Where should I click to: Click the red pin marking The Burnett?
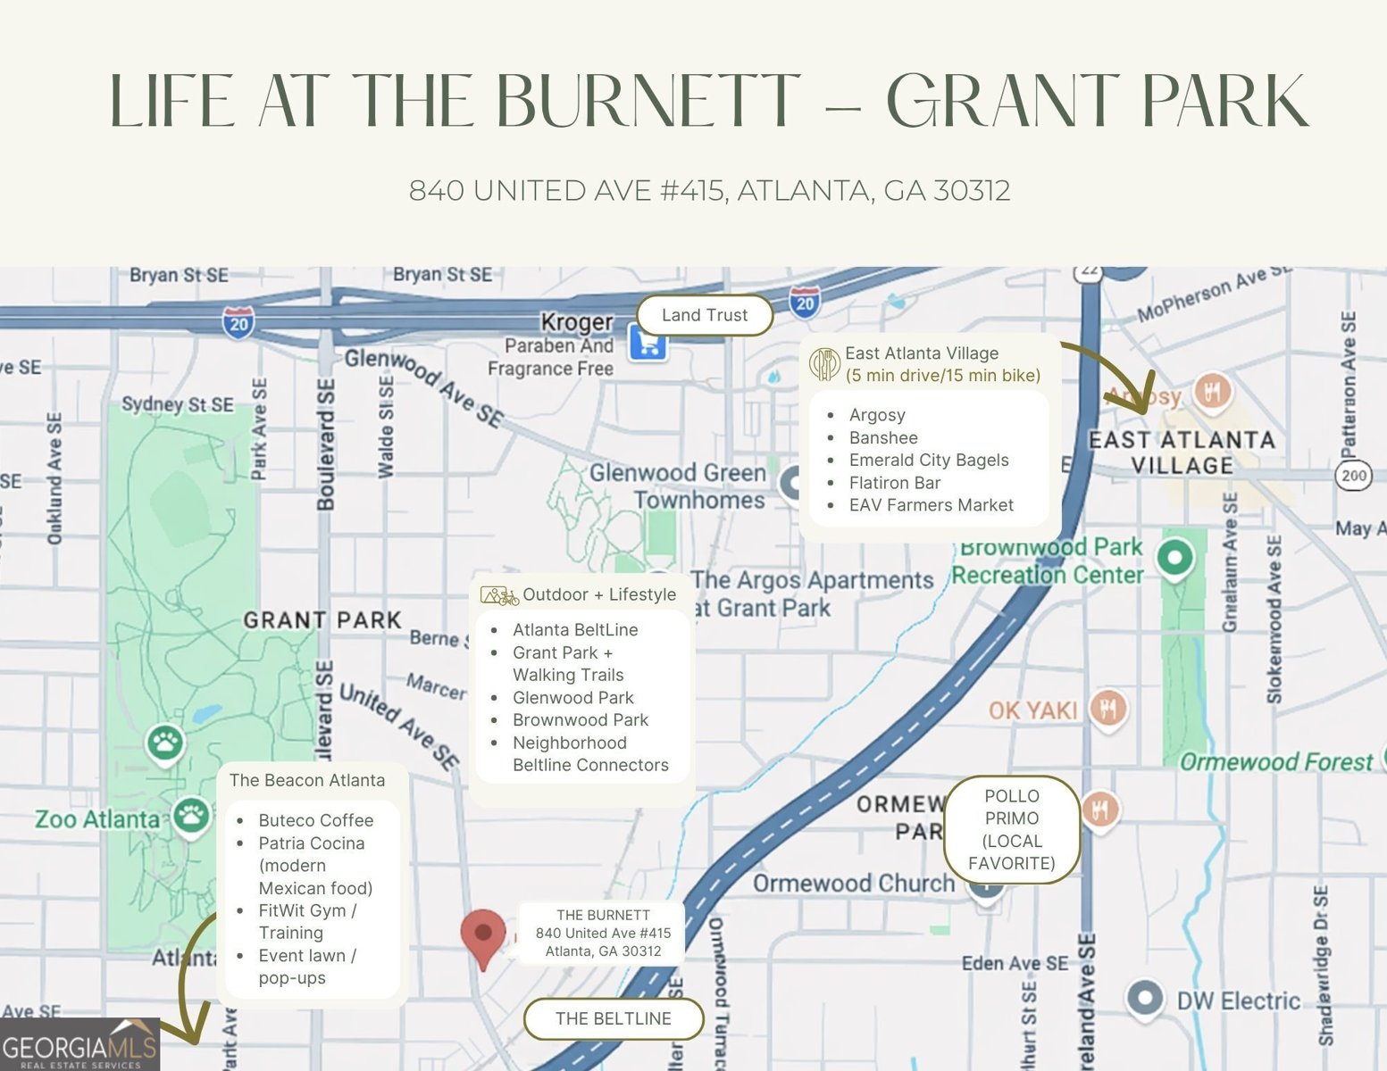[x=483, y=934]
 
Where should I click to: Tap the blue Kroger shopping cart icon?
[x=648, y=343]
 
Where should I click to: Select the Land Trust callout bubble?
[x=705, y=315]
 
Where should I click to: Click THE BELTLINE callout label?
[x=613, y=1018]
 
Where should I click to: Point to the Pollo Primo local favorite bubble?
[x=1011, y=829]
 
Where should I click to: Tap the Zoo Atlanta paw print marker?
[x=191, y=815]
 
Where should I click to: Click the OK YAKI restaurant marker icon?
[x=1108, y=709]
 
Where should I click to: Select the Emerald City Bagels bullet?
[x=928, y=460]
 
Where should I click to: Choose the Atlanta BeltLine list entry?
[x=575, y=629]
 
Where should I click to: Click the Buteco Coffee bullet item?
[x=315, y=820]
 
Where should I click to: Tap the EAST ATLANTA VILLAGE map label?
[x=1181, y=452]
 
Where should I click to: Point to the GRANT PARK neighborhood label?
[x=322, y=619]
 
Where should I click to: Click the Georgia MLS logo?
[x=79, y=1045]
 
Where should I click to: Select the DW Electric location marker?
[x=1144, y=997]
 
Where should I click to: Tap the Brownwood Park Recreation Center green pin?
[x=1175, y=558]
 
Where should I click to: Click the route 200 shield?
[x=1354, y=475]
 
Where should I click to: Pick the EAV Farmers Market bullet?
[x=931, y=505]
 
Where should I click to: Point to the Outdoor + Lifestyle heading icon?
[x=499, y=595]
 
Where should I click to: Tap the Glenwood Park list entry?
[x=572, y=697]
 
